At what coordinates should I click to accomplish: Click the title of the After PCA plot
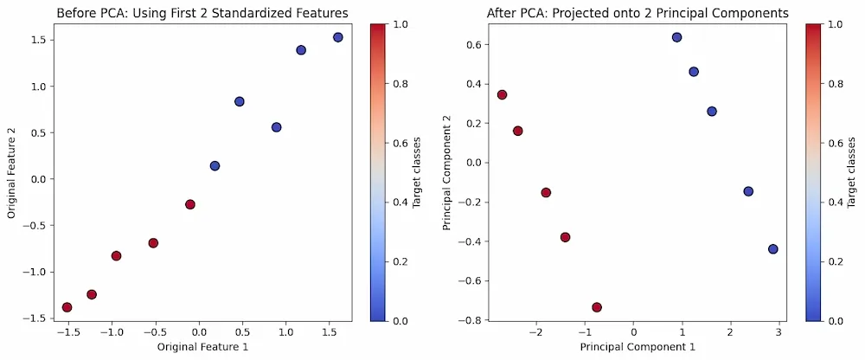coord(636,13)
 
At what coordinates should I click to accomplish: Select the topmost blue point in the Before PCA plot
coord(337,37)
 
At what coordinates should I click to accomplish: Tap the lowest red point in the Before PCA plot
coord(67,307)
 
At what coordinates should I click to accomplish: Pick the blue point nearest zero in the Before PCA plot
coord(215,166)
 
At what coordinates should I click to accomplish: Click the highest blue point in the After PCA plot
coord(676,37)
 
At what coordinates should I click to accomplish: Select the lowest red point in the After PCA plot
coord(597,307)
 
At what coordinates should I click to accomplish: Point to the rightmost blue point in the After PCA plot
coord(772,249)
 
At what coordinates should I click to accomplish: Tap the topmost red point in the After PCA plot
coord(502,95)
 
